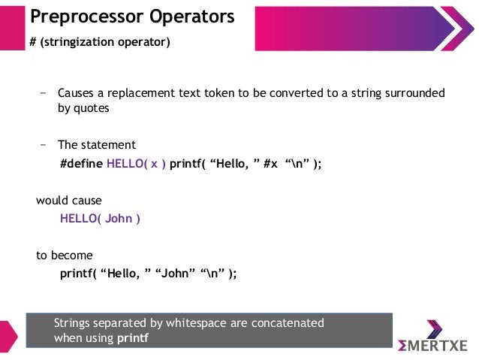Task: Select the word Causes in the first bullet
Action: point(77,93)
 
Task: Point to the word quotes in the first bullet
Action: point(92,108)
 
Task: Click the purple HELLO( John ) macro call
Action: point(100,219)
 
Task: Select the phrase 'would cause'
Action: point(69,201)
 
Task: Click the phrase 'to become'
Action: point(65,256)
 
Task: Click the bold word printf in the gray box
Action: point(133,338)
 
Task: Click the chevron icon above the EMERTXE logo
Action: point(435,328)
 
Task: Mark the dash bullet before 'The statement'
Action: point(44,145)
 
